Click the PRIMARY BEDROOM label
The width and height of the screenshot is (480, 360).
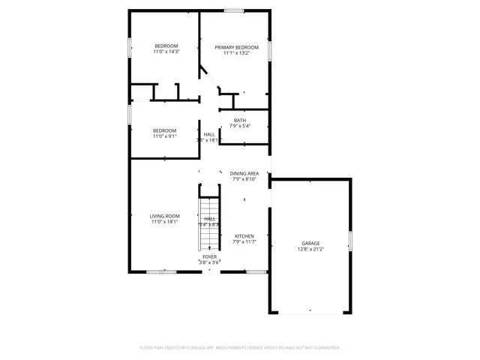point(232,47)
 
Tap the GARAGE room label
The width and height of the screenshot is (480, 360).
point(311,243)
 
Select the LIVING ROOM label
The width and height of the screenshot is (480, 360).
point(166,216)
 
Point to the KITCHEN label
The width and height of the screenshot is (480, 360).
point(244,235)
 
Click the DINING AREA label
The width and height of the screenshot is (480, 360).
point(244,173)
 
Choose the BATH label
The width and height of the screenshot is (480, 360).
point(239,120)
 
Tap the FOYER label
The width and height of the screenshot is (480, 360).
point(209,256)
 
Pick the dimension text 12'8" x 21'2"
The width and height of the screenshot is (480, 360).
point(311,250)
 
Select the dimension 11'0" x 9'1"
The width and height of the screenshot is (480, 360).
point(165,136)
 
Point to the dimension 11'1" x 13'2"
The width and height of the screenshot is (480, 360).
point(232,53)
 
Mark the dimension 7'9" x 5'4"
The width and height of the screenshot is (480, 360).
point(239,126)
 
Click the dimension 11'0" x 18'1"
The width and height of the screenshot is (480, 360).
point(166,222)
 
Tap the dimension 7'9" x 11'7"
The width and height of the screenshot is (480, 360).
point(244,241)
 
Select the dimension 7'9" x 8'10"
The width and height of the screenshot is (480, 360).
point(244,179)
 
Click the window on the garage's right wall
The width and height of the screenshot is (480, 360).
point(350,241)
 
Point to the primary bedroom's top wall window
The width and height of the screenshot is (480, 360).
point(233,10)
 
